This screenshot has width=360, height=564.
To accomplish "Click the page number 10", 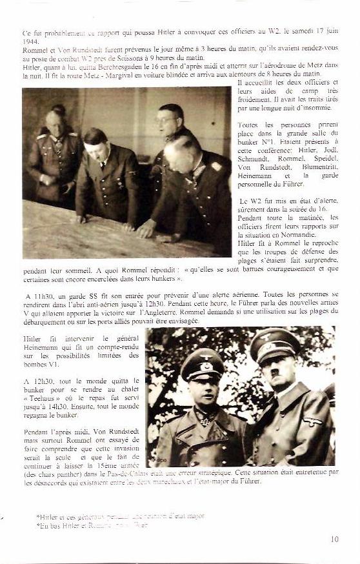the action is coord(334,539).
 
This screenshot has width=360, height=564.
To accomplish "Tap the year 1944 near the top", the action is coord(30,41).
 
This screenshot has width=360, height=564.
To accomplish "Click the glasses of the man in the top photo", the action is coord(166,120).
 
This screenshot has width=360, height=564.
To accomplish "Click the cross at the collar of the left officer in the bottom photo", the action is coord(207,420).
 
